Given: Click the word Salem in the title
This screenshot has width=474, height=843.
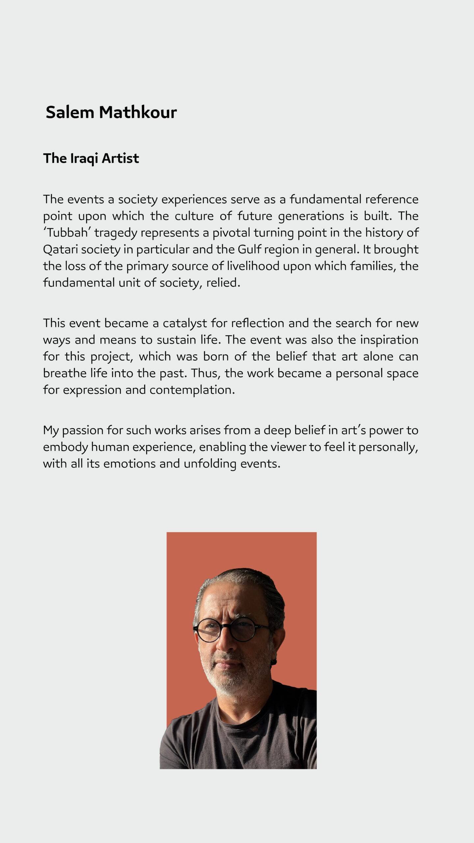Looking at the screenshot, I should pyautogui.click(x=70, y=112).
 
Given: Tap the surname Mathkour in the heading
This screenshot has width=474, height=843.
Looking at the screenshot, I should pyautogui.click(x=138, y=112).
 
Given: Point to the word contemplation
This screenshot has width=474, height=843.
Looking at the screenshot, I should pyautogui.click(x=192, y=390).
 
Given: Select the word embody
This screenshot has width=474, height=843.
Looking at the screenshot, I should pyautogui.click(x=65, y=447).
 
